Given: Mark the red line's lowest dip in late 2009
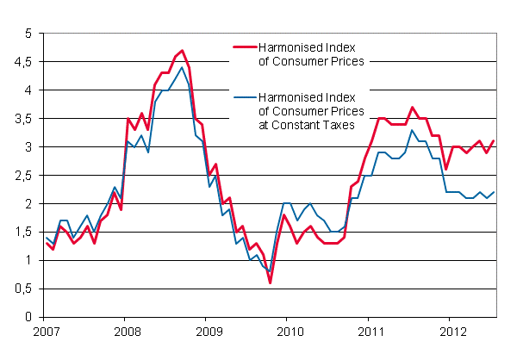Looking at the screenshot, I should click(270, 282).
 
